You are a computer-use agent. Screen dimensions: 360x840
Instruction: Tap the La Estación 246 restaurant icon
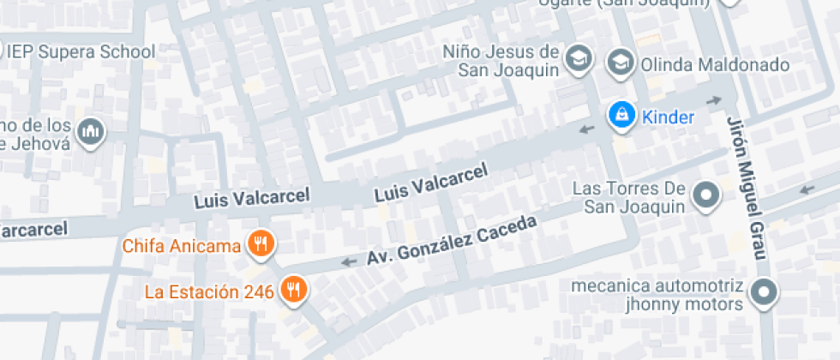(294, 290)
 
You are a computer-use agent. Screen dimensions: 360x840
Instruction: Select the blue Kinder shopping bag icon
(621, 116)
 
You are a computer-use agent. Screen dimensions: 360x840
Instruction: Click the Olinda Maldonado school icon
(620, 63)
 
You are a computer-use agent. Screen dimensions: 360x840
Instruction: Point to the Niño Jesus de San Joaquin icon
(580, 59)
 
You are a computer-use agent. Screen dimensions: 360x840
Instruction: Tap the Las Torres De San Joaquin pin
(706, 196)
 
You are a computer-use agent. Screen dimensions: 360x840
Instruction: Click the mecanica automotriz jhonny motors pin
(762, 293)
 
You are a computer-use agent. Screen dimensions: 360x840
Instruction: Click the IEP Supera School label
(81, 51)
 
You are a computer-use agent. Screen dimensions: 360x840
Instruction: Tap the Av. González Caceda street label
(452, 239)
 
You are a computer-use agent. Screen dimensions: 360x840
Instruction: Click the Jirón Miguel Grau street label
(746, 187)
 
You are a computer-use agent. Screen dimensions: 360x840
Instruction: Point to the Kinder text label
(668, 117)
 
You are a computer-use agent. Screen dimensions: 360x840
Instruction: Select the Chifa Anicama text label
(182, 247)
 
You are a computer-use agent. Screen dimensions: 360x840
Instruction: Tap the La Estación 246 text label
(209, 291)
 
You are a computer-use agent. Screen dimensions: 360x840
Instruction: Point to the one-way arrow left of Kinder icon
(587, 129)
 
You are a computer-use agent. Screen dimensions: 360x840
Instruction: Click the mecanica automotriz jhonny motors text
(657, 295)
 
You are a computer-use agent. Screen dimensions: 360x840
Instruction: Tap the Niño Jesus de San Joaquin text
(501, 60)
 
